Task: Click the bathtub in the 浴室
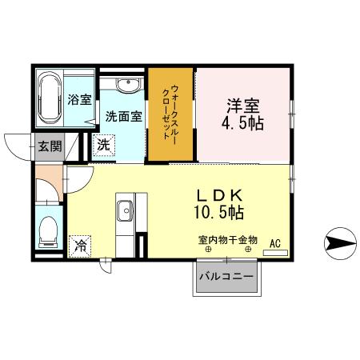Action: (x=49, y=97)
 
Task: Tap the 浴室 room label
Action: (x=79, y=100)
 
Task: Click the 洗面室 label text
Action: (x=124, y=115)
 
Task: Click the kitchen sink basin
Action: (x=126, y=211)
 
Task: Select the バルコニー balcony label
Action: (x=226, y=277)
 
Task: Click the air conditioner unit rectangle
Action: (x=274, y=252)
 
